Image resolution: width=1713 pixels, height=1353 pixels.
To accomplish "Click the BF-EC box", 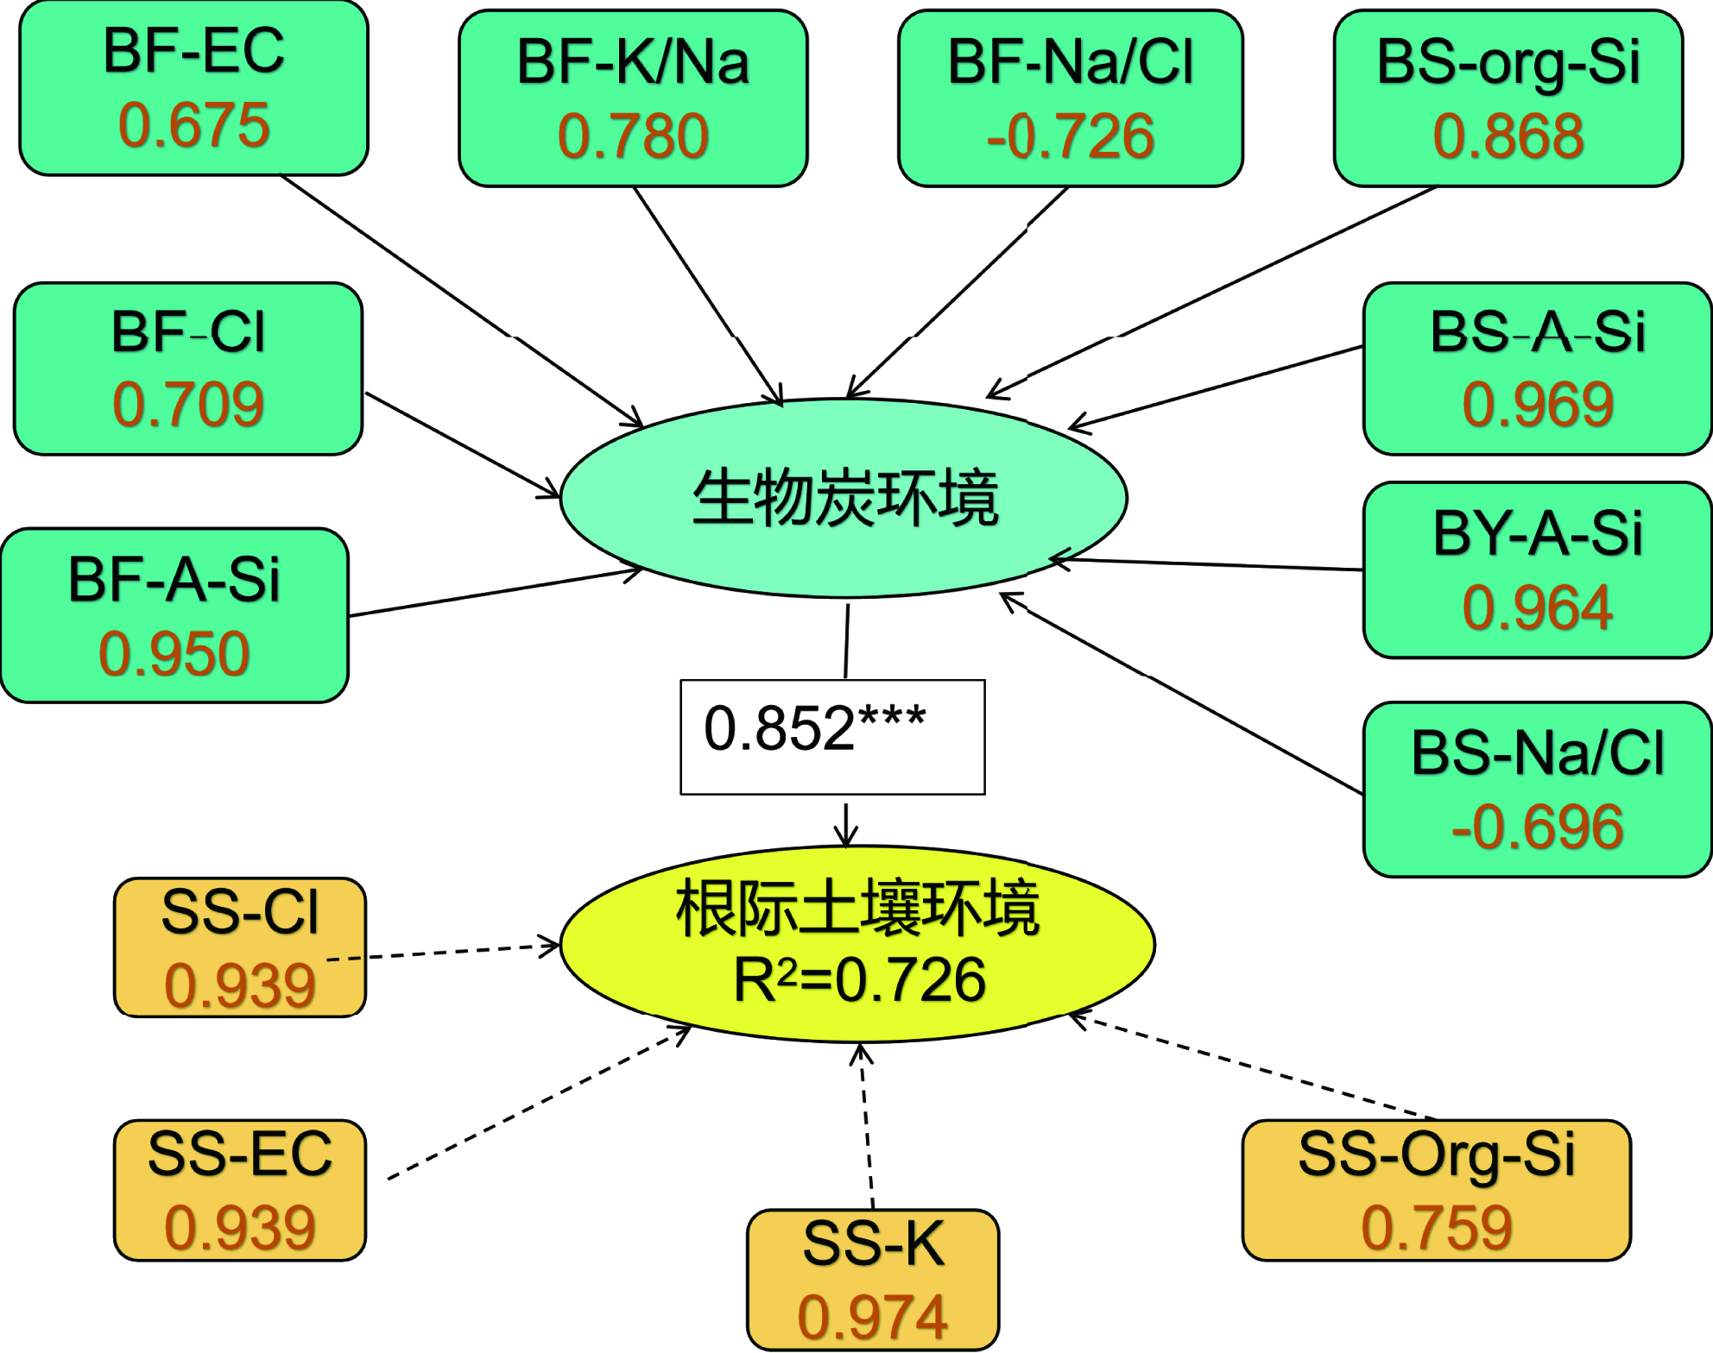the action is coord(194,88).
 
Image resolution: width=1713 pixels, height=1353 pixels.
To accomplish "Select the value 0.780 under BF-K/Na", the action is coord(633,136).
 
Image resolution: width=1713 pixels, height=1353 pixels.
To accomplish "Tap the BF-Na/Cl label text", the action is coord(1071,62).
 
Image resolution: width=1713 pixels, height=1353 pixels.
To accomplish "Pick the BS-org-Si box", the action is coord(1508,98).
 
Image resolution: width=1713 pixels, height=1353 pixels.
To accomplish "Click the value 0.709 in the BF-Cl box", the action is coord(188,404).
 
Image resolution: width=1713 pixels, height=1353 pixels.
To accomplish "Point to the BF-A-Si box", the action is coord(175,615).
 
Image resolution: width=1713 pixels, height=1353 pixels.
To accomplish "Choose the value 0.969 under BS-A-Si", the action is coord(1538,404).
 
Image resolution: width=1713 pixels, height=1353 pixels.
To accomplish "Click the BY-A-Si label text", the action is coord(1538,533).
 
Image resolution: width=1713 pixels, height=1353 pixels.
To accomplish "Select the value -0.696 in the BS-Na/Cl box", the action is coord(1538,827).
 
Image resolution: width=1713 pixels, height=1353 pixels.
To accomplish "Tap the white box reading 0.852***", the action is coord(832,737).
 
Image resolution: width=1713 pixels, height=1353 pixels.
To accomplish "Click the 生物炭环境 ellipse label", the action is coord(845,498).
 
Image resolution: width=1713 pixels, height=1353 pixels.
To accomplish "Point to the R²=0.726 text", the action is coord(859,980).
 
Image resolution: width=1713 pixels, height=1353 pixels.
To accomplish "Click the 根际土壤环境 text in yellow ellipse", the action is coord(857,909).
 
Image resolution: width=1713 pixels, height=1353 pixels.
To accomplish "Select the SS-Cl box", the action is coord(240,947).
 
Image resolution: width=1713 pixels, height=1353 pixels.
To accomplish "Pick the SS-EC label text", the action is coord(240,1154).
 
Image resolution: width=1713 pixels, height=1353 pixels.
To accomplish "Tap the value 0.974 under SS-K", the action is coord(873,1317).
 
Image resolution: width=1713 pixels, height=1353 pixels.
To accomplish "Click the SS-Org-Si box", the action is coord(1437,1191).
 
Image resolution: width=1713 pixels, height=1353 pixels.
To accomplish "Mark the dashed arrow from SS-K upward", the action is coord(866,1126).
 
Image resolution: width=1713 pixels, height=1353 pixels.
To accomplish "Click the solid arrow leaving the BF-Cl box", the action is coord(463,445).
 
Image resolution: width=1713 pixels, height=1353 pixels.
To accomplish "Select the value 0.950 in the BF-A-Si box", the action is coord(174,653).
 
